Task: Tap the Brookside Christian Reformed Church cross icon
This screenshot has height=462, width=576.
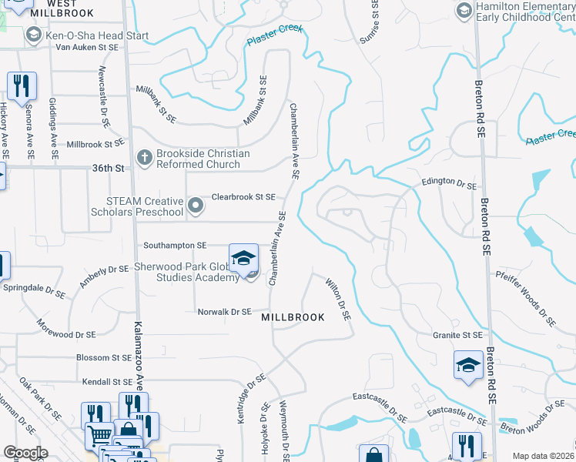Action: pos(144,158)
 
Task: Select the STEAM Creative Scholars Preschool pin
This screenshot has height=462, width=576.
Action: pos(196,205)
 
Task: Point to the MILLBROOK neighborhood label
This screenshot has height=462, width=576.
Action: pos(293,317)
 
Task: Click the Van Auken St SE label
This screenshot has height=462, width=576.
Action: pos(86,47)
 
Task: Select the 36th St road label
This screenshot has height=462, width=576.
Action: pos(109,168)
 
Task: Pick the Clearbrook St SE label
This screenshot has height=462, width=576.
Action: pos(243,197)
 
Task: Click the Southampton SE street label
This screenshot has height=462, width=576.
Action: pos(176,245)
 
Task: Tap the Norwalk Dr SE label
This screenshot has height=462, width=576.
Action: pos(225,312)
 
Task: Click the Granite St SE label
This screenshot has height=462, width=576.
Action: pos(457,335)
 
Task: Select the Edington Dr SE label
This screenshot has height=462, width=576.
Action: pos(449,185)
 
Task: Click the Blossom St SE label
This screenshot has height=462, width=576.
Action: pos(104,358)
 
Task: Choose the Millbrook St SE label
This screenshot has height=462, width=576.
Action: pos(95,144)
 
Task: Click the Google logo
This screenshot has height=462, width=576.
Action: pos(26,453)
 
